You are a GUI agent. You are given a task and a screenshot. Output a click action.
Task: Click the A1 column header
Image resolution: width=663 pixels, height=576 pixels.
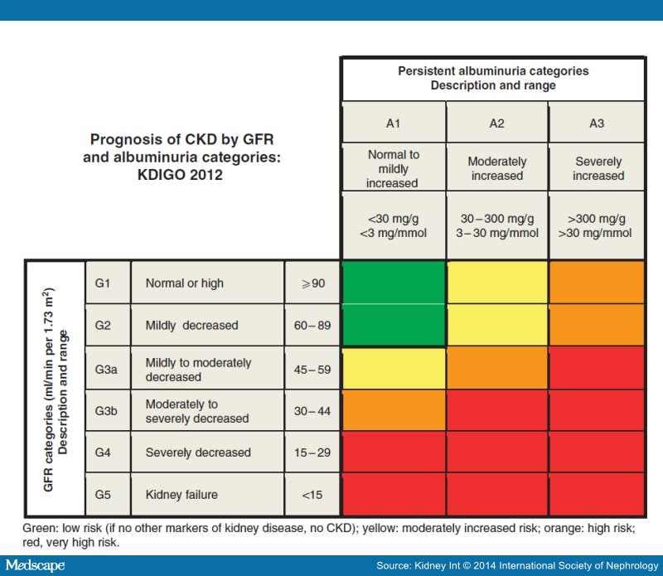point(394,123)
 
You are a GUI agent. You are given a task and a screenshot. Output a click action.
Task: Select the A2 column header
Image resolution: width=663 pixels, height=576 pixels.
point(496,123)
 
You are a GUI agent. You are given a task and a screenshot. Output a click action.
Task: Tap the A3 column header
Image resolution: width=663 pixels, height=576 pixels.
point(597,123)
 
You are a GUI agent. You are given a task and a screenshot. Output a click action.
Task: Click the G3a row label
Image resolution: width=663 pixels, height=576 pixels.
point(108,369)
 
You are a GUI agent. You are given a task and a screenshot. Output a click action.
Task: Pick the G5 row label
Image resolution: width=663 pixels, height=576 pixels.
point(108,495)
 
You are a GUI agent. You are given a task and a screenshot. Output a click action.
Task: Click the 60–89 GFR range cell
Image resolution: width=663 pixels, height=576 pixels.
point(312,326)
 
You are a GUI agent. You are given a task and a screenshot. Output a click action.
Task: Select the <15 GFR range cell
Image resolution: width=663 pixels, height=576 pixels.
point(312,495)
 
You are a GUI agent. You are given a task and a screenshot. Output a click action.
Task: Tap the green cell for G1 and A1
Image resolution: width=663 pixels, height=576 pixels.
point(394,283)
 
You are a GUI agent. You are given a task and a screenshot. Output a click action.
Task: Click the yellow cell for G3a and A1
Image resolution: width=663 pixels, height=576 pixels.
point(394,368)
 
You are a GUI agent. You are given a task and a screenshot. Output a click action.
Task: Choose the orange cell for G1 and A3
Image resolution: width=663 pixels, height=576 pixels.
point(597,283)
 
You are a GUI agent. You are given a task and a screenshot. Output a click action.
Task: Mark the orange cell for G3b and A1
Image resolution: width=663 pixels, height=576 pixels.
point(394,410)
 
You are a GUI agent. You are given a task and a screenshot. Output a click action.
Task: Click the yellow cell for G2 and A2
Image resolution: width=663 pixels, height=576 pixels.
point(496,326)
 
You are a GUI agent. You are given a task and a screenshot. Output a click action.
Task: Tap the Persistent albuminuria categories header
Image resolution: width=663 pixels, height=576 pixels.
point(493,79)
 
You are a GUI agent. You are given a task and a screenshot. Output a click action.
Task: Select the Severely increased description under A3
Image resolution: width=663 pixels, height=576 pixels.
point(597,169)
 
